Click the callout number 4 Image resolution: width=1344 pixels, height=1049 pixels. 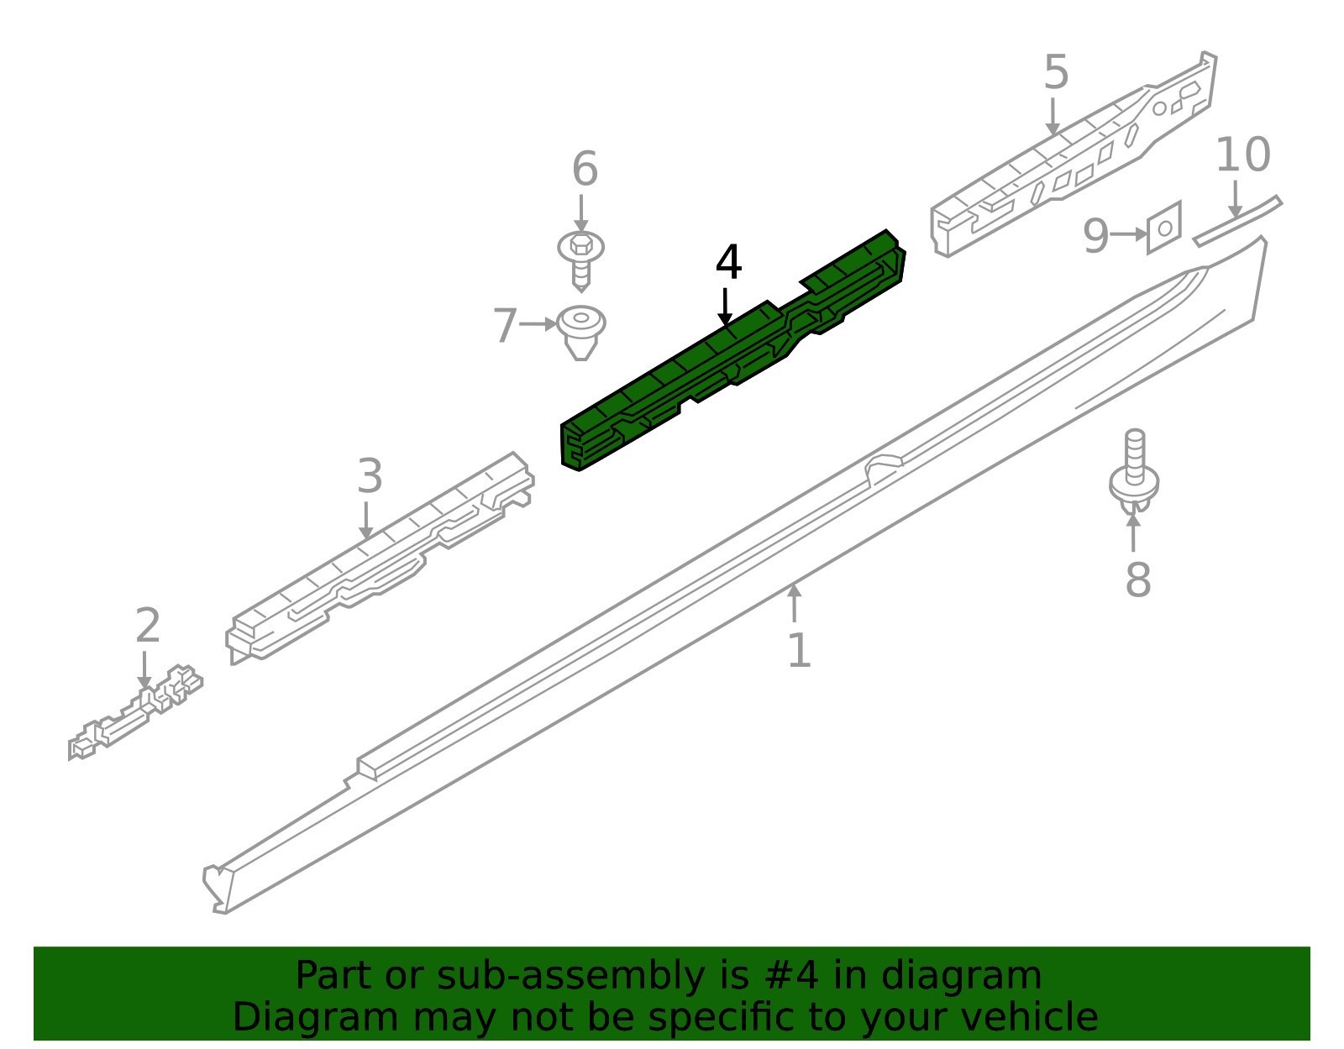pos(728,263)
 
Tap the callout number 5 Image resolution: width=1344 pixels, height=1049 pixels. pos(1056,72)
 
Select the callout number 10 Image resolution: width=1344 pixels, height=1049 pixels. pos(1242,155)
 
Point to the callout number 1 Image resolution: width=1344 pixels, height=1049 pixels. pos(799,650)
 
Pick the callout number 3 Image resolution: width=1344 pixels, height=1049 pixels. pos(370,476)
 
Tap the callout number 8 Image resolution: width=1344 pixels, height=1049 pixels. pos(1137,580)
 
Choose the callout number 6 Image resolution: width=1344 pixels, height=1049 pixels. pos(585,169)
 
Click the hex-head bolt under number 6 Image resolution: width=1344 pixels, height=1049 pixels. pos(580,261)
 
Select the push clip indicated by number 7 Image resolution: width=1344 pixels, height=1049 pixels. pos(580,332)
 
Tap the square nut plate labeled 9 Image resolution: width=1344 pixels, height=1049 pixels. pos(1164,227)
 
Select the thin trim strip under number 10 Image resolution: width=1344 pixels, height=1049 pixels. pos(1237,221)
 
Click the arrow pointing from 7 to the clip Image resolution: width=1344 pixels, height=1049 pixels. pos(538,324)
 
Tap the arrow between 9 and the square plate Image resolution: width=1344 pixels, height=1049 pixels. pos(1128,234)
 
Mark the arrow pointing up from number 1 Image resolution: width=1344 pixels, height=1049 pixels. pos(795,603)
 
